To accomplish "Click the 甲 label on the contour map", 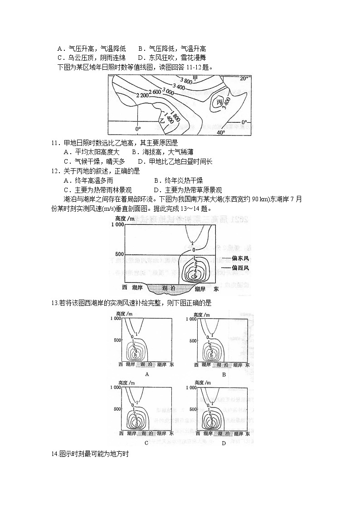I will [x=195, y=78].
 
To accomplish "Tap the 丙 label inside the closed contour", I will [x=219, y=102].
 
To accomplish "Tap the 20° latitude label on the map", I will [x=244, y=78].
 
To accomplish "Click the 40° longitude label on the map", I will [x=221, y=132].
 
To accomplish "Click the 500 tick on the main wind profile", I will [x=119, y=254].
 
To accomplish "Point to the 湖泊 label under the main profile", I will [x=169, y=288].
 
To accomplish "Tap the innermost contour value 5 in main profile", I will [x=195, y=276].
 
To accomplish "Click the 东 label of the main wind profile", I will [x=216, y=288].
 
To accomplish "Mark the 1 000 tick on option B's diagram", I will [x=190, y=319].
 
